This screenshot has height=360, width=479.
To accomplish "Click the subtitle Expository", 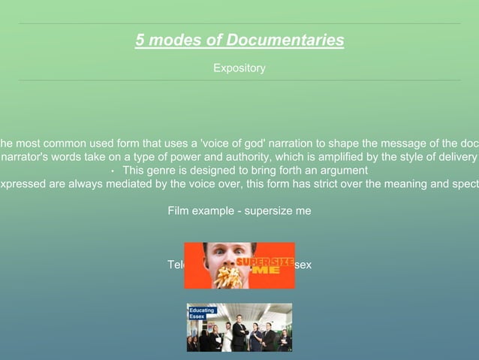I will tap(239, 68).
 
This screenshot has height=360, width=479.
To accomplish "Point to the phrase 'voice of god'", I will tap(236, 144).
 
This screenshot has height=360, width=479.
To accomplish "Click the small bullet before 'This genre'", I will tap(112, 171).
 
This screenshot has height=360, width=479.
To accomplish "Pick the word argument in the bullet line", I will tap(342, 170).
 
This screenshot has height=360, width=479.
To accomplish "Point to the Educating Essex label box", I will tap(201, 313).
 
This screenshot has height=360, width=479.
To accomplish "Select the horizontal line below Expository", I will tap(239, 80).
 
